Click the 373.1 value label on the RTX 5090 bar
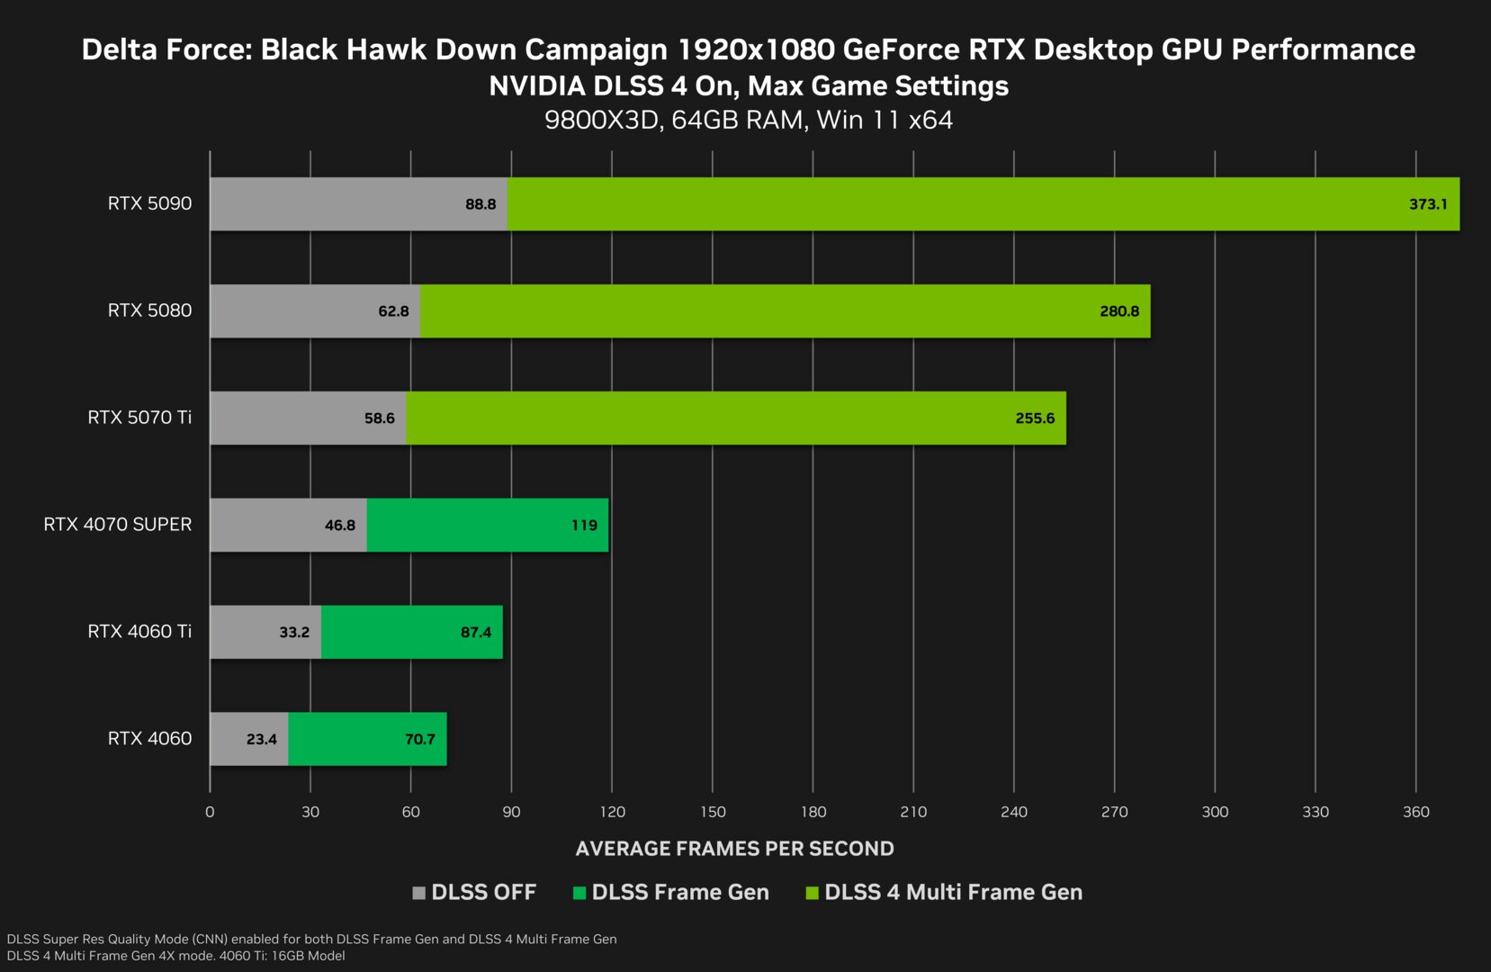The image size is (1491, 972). coord(1428,204)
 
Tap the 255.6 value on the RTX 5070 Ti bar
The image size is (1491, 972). coord(1035,418)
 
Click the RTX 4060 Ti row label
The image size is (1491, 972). coord(139,632)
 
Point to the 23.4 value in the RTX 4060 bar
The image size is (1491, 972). coord(262,739)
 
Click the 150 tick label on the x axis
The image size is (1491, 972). coord(713,812)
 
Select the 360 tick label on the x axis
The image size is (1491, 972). coord(1415,812)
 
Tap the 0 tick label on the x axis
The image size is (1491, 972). coord(210,812)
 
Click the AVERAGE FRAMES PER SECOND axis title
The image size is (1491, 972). coord(734,849)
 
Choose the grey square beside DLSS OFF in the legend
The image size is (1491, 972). coord(418,893)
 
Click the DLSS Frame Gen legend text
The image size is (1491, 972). coord(680,893)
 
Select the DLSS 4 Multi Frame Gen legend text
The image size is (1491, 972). coord(953,893)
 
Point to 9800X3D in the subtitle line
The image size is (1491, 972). coord(602,120)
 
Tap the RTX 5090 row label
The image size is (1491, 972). coord(149,203)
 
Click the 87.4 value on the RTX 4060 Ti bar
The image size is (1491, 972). coord(476,632)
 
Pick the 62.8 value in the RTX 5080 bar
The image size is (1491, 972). coord(393,311)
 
